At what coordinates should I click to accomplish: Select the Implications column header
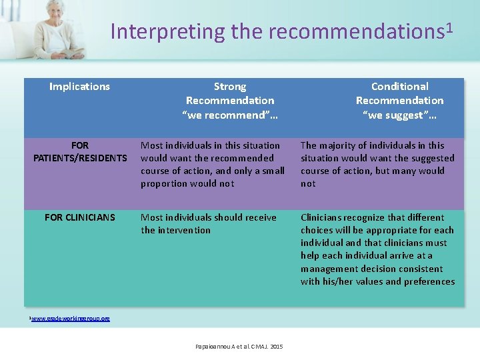tap(79, 86)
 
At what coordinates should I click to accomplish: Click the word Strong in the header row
tap(230, 87)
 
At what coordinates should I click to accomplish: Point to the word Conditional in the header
tap(399, 87)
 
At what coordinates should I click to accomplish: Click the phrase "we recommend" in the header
tap(230, 115)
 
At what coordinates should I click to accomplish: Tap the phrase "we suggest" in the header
tap(399, 115)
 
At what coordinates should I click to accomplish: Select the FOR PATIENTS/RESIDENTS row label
tap(79, 151)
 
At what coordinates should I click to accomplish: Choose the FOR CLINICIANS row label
tap(79, 217)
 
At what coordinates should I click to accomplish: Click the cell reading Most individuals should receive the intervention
tap(208, 223)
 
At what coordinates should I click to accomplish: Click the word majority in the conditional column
tap(341, 145)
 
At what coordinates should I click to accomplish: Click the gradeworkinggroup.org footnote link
tap(71, 319)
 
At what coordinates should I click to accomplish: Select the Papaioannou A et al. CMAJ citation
tap(239, 347)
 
